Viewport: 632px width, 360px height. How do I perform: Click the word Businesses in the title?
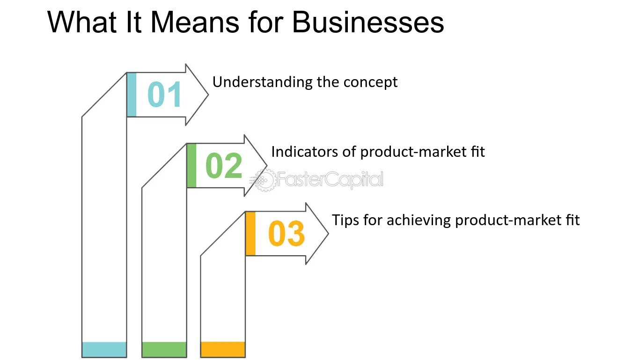368,22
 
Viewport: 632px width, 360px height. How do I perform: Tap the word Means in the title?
195,22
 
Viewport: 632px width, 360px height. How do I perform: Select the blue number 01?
164,94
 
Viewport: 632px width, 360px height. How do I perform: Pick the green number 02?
224,165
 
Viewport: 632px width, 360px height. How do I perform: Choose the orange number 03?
287,233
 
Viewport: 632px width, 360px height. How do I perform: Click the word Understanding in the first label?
262,82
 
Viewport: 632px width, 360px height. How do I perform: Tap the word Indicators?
304,152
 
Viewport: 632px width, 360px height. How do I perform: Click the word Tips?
345,220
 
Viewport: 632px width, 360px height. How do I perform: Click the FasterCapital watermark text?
330,179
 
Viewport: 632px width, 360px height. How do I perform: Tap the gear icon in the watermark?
265,180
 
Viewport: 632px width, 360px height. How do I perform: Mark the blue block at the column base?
104,350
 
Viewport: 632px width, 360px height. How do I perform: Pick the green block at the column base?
164,350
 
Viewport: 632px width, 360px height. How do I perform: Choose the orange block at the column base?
223,349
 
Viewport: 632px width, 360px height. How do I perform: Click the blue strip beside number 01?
132,95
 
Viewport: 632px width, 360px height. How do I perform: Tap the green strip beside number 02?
191,166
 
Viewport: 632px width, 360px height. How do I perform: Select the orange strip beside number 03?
250,234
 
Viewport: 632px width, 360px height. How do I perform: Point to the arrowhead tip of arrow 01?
208,95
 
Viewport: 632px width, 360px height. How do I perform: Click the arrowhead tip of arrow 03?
329,234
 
